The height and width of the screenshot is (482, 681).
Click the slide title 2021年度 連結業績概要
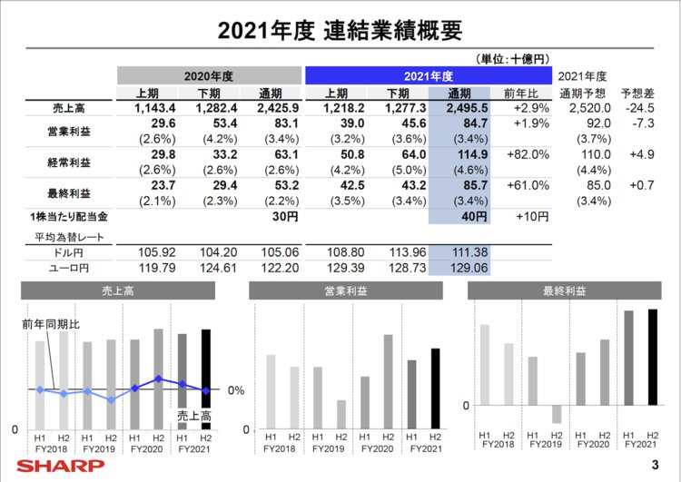pos(340,30)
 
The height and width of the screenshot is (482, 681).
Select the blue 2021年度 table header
pos(428,75)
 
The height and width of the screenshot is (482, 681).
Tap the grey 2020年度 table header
pos(208,75)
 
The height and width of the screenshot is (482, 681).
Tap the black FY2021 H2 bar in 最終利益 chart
pos(651,357)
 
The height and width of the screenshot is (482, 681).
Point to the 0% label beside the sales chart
pos(234,390)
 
